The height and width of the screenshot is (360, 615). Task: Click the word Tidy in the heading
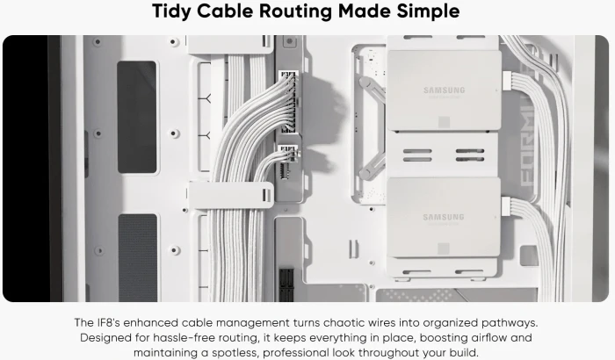click(x=172, y=11)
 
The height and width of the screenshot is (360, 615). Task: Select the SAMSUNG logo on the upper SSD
click(x=444, y=90)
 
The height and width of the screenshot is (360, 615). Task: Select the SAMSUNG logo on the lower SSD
click(x=444, y=217)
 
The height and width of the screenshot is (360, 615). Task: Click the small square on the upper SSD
click(x=444, y=122)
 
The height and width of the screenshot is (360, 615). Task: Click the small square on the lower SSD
click(x=444, y=248)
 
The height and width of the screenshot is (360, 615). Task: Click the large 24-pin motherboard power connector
click(x=289, y=101)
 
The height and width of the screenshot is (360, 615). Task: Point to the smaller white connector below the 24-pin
click(x=288, y=151)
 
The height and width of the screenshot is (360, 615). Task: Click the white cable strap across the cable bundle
click(x=231, y=195)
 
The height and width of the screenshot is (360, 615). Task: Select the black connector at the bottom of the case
click(x=286, y=284)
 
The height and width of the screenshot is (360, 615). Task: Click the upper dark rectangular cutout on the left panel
click(x=137, y=117)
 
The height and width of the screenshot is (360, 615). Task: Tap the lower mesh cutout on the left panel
click(x=138, y=257)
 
